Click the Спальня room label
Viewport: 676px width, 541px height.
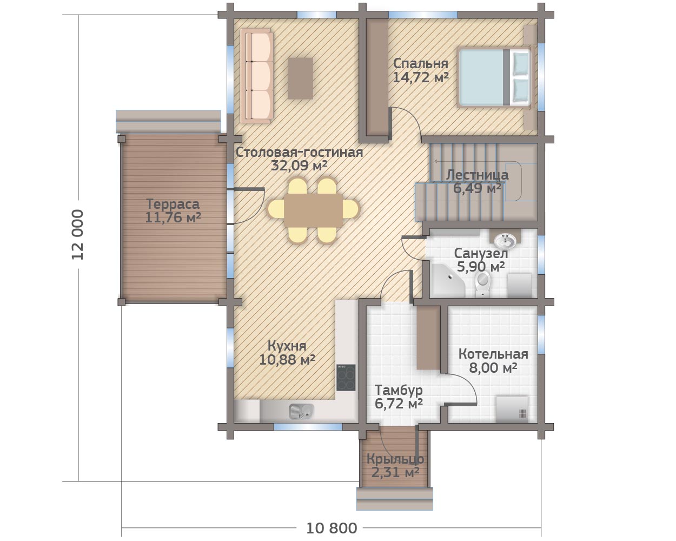[x=421, y=63]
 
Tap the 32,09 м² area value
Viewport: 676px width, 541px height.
[x=300, y=166]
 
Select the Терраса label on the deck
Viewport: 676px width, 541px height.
[x=173, y=204]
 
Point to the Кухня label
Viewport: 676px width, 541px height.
[x=287, y=346]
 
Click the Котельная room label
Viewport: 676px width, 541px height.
[x=494, y=354]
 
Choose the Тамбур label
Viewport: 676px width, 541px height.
[x=399, y=391]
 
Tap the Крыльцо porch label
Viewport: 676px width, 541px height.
[x=395, y=460]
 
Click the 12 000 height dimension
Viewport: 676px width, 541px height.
[x=78, y=234]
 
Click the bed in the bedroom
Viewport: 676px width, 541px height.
[x=495, y=77]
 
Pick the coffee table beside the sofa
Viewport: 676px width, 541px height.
[x=301, y=78]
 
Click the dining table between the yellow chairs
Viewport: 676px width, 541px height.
[x=313, y=210]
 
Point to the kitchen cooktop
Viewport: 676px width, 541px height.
[x=346, y=378]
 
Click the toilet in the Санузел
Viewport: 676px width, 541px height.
[x=483, y=283]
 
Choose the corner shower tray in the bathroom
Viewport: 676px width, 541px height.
[x=447, y=281]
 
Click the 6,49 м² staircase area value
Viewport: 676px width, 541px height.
[x=477, y=189]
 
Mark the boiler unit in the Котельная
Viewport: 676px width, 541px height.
[x=512, y=410]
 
